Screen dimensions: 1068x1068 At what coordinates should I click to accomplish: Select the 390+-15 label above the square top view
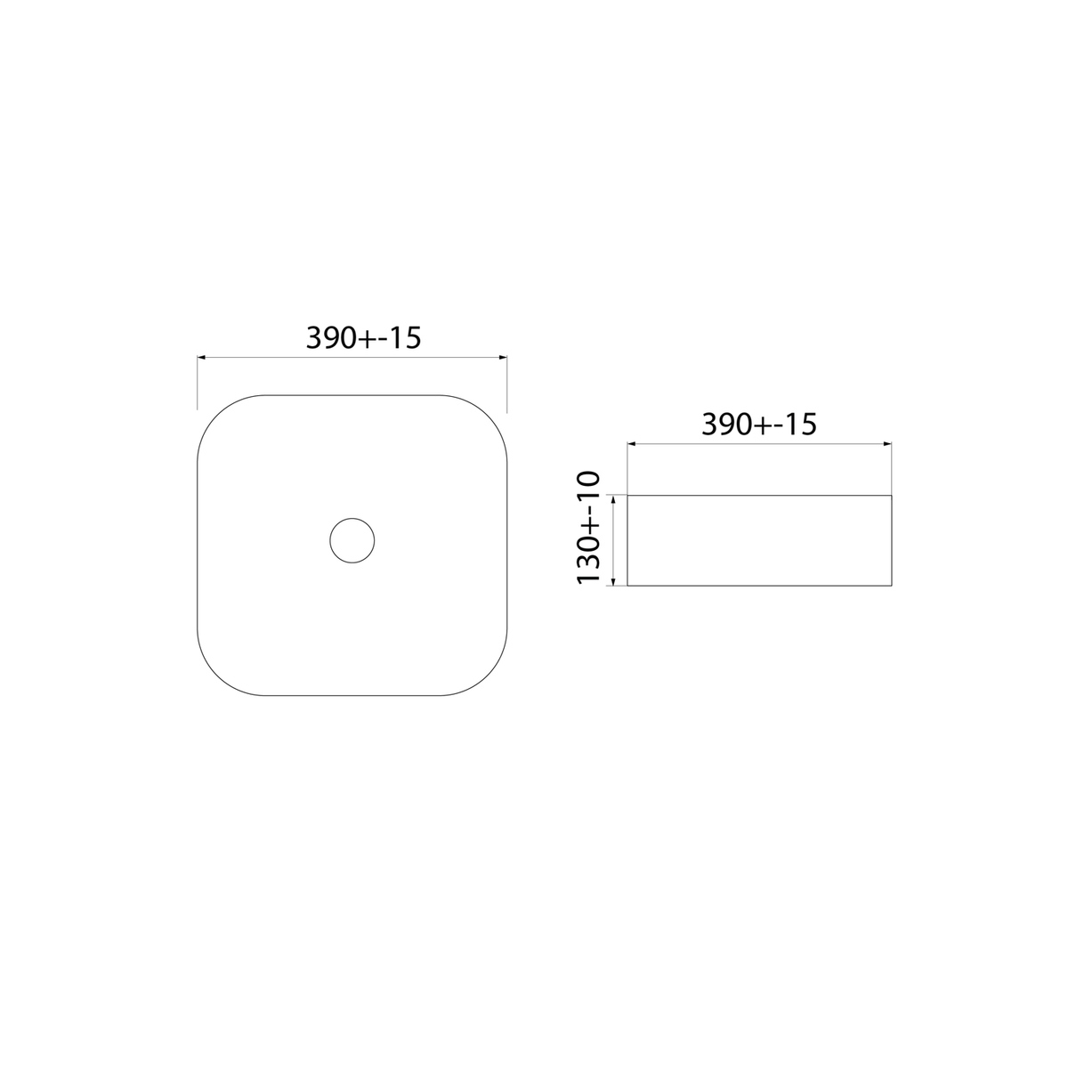(364, 337)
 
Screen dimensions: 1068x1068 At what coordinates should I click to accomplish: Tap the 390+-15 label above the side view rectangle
(759, 424)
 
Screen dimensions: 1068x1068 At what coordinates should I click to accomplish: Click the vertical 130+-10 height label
(588, 527)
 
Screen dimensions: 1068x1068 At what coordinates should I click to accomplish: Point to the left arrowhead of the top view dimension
(201, 358)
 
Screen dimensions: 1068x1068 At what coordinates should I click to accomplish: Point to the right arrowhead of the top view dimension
(503, 358)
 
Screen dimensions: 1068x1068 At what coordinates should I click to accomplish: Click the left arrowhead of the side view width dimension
(631, 443)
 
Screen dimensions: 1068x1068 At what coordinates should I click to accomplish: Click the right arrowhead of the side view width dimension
(887, 443)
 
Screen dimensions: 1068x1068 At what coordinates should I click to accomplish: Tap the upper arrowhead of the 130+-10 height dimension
(613, 500)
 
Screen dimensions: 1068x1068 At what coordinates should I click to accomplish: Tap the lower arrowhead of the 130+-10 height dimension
(613, 581)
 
